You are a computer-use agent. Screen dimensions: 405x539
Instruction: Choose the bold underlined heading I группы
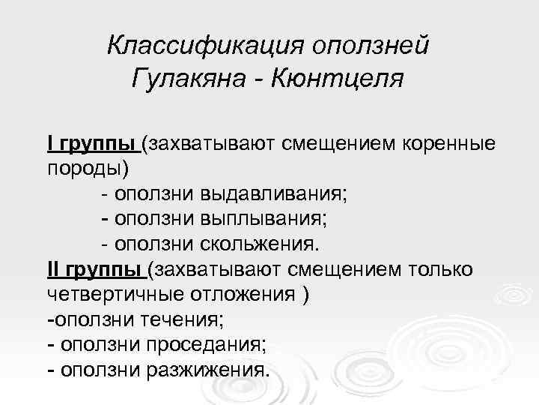[x=91, y=143]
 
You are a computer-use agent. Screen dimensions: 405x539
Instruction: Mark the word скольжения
[x=259, y=244]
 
